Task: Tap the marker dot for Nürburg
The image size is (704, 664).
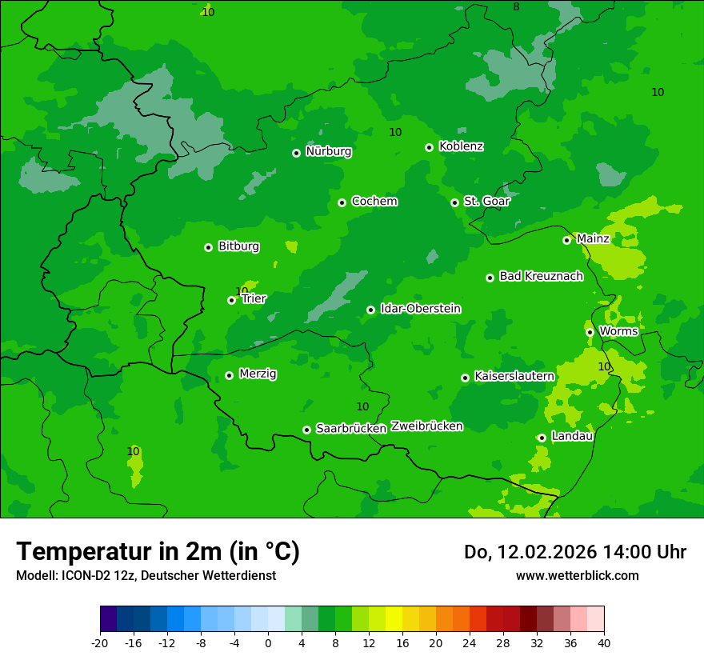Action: pos(296,153)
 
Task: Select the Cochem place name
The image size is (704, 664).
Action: pos(374,202)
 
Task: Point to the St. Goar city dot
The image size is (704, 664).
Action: pos(454,202)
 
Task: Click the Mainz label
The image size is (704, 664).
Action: pos(593,239)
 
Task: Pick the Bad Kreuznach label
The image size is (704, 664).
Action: pos(541,277)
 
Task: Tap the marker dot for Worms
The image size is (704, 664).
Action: pos(590,332)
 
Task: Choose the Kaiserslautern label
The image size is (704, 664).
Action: pos(514,376)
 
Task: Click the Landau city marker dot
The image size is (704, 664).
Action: pos(542,438)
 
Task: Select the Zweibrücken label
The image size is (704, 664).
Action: pos(426,426)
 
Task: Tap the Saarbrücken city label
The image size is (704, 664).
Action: pos(350,429)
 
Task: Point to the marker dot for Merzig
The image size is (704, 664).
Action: pos(229,375)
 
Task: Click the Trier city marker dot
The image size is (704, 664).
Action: pos(231,301)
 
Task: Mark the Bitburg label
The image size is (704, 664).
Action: pos(238,246)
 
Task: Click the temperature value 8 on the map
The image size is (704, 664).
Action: pos(516,6)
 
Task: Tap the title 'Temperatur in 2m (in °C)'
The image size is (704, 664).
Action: pos(158,551)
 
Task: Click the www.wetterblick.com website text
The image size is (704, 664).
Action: pos(577,575)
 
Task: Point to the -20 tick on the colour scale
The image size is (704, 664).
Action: pos(100,642)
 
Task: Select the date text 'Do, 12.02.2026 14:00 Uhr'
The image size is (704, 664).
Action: pos(574,552)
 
